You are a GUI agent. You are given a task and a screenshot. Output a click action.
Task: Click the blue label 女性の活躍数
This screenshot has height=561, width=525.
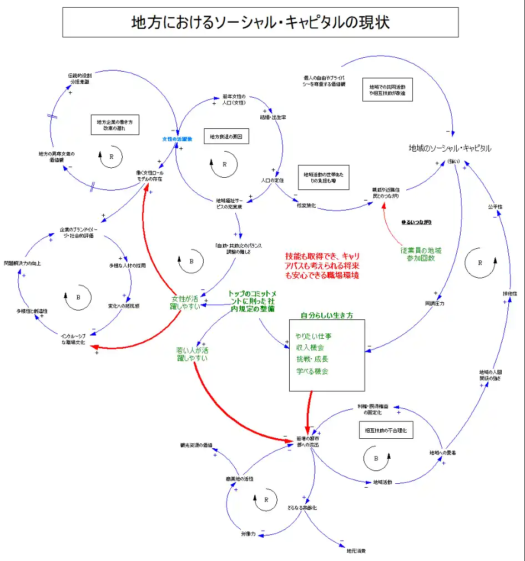177,139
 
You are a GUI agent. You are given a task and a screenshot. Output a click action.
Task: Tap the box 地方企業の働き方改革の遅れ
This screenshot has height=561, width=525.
115,124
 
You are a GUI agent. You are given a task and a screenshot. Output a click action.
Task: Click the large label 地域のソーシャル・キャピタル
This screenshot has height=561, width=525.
450,148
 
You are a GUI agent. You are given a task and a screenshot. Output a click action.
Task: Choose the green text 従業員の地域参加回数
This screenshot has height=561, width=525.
421,254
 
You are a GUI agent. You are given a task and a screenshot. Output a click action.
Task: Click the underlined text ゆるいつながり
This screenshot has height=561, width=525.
416,222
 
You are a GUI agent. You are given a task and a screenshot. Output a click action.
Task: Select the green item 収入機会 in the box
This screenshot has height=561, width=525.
310,347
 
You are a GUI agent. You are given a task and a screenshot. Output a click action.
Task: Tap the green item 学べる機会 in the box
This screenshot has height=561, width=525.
312,371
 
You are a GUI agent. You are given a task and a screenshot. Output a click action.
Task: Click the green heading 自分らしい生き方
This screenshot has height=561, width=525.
326,315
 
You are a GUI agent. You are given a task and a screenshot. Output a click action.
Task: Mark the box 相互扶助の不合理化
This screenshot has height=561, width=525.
386,430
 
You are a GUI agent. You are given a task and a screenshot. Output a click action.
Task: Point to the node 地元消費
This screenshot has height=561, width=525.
356,551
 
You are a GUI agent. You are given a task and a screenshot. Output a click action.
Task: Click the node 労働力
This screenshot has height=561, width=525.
248,534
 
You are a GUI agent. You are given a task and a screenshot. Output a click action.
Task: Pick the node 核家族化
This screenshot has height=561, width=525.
306,206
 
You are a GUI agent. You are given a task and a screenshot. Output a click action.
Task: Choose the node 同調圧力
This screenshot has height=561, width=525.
435,303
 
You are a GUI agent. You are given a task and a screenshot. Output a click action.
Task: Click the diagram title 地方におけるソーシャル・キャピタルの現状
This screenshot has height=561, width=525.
260,22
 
